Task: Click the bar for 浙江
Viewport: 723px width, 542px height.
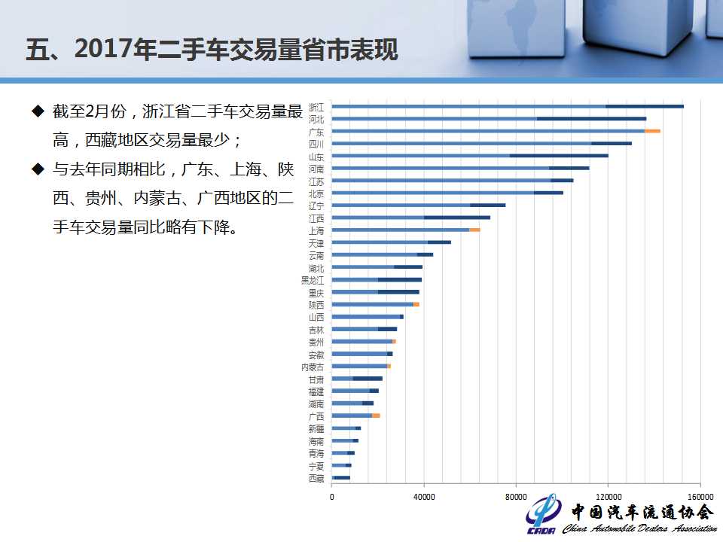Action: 508,106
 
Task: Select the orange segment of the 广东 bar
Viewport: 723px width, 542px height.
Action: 652,131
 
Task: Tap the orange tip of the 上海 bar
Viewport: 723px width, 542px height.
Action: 474,230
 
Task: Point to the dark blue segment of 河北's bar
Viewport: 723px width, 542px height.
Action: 591,118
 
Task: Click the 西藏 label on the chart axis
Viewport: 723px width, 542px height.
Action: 316,478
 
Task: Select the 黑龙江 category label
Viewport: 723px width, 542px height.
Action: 313,280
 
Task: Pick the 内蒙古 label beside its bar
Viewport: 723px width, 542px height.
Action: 313,367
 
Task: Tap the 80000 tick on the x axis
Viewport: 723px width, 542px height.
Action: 516,497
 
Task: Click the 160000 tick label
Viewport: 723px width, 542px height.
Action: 700,497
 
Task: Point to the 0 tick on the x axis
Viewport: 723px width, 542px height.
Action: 332,497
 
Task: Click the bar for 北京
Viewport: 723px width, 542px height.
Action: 447,193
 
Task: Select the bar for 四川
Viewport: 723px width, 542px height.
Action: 482,143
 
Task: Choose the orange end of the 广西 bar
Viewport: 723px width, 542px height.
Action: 376,416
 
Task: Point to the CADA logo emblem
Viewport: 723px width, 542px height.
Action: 542,515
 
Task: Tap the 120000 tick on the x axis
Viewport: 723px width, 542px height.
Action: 608,497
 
